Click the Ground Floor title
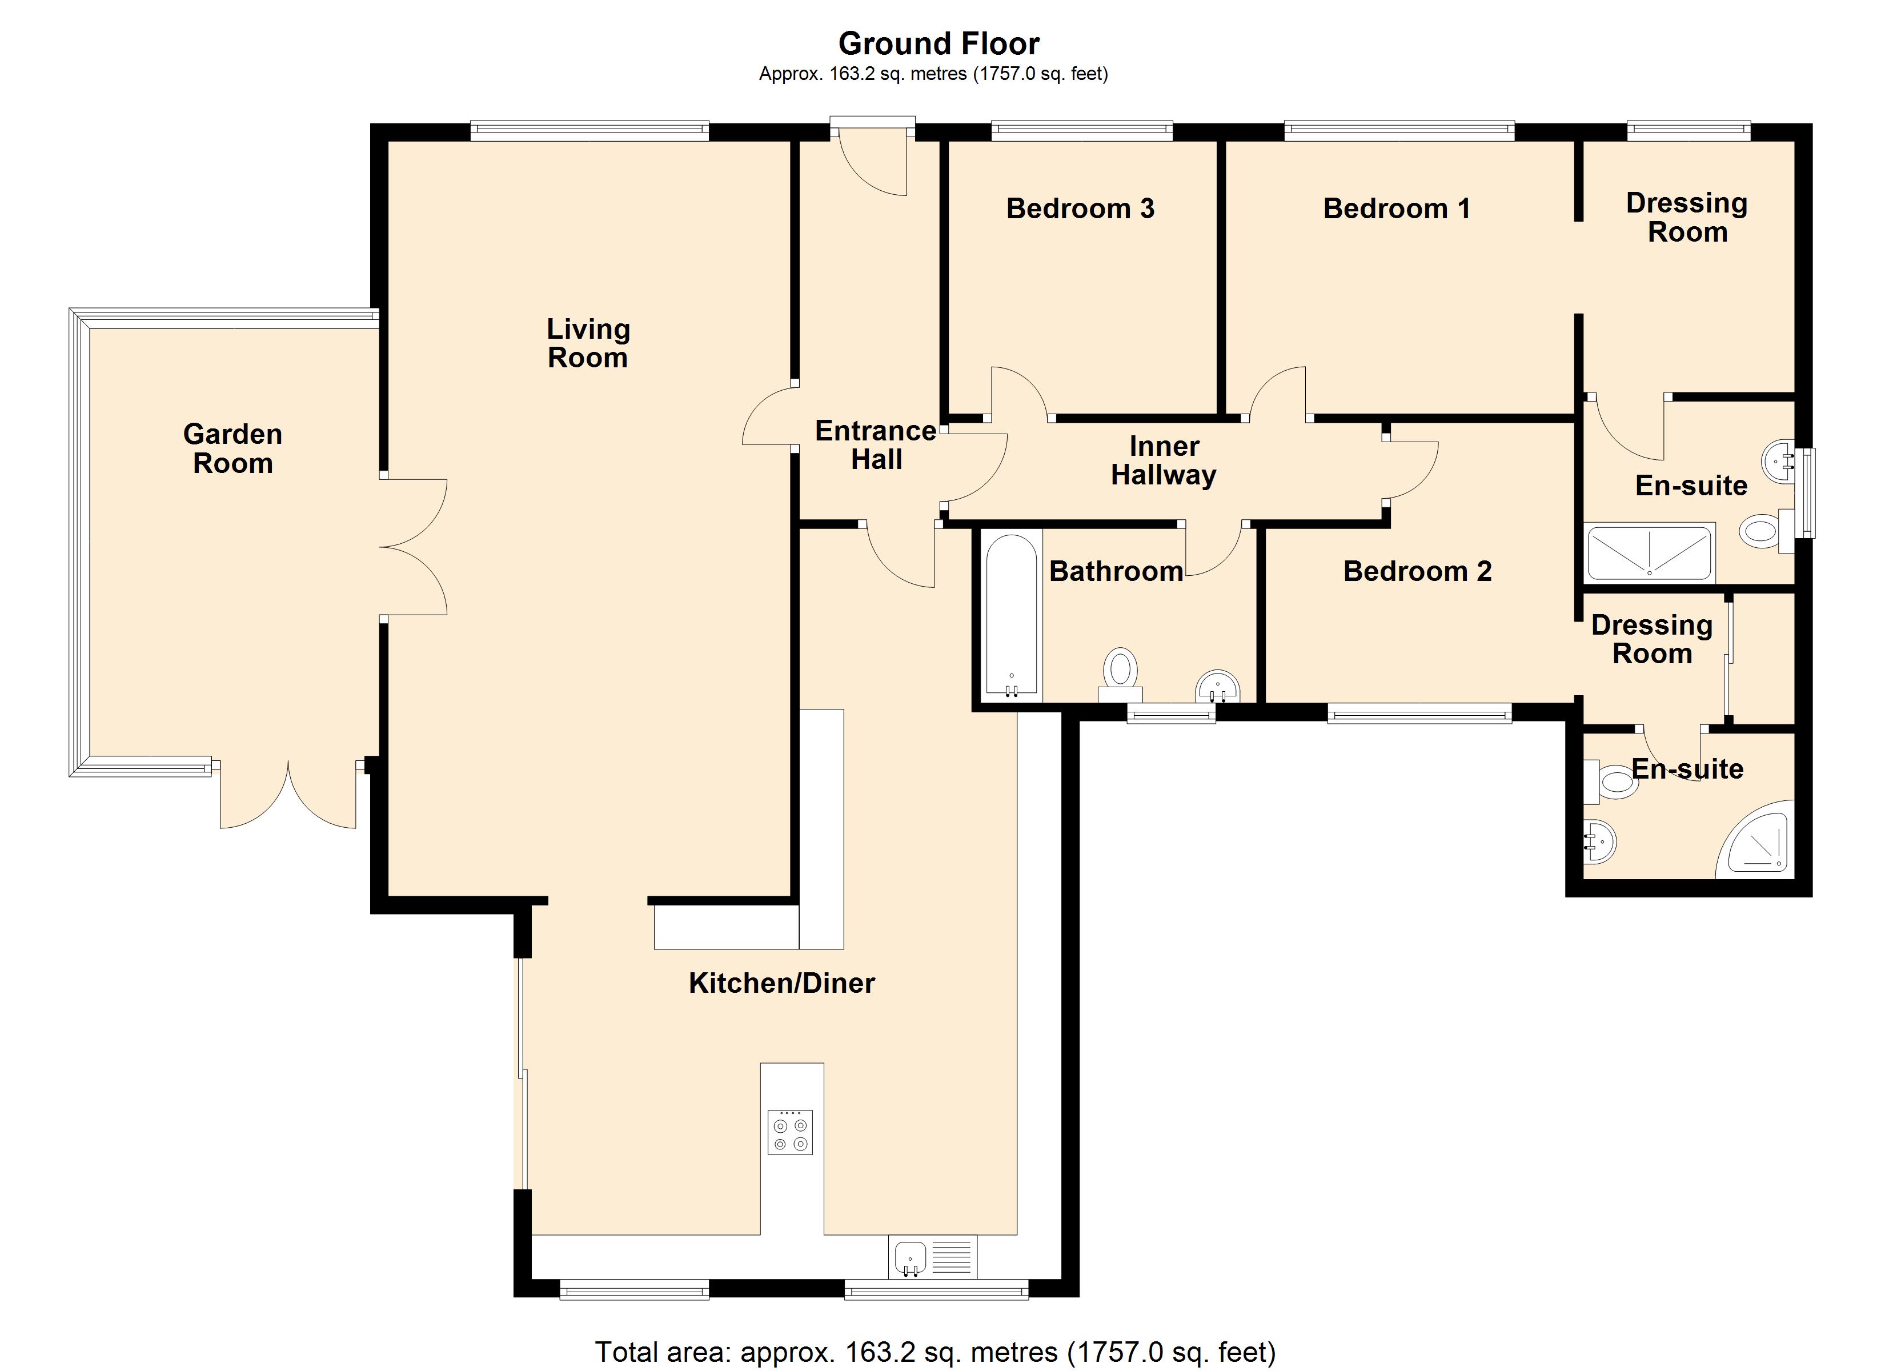(939, 43)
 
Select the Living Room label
(588, 343)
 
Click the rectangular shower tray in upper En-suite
(1649, 552)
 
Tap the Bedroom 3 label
(1080, 208)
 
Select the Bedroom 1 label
(1396, 208)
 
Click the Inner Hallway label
(1164, 460)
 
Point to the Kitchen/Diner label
(781, 983)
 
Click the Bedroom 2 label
(1417, 571)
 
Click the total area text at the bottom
(935, 1353)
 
